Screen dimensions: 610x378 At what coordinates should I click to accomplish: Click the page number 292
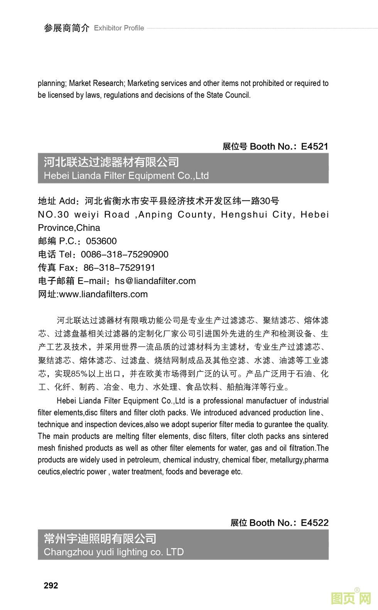tap(51, 585)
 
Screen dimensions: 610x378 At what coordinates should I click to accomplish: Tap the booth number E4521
tap(314, 146)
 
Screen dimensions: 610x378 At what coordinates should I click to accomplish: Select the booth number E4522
tap(314, 523)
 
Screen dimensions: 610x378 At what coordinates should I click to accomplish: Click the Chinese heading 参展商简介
tap(66, 28)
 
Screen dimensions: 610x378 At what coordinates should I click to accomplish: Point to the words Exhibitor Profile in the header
tap(119, 28)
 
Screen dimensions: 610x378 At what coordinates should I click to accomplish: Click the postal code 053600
tap(101, 241)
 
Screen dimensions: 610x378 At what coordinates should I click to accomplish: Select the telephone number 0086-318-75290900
tap(124, 254)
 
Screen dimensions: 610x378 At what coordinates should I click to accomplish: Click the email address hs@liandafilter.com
tap(155, 281)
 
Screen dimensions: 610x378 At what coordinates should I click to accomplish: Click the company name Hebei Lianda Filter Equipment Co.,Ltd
tap(126, 176)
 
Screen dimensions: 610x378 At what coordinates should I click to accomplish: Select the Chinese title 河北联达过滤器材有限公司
tap(111, 162)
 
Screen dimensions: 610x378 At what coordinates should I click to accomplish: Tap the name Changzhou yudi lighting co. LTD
tap(113, 552)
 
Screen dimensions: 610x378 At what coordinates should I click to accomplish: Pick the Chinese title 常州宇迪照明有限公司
tap(100, 538)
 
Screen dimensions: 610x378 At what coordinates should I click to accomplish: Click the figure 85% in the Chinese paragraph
tap(80, 374)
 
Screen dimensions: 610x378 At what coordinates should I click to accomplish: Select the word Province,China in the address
tap(69, 228)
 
